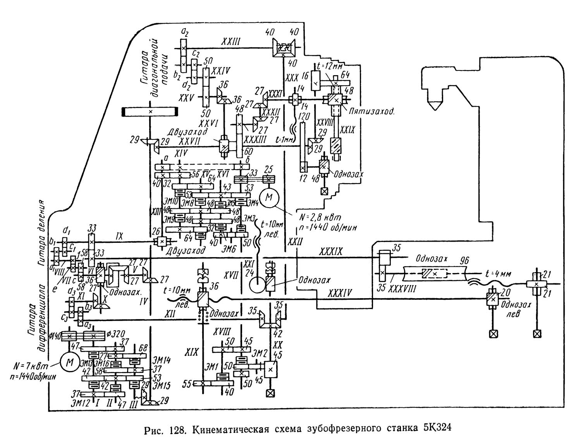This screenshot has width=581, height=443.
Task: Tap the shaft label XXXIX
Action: [331, 252]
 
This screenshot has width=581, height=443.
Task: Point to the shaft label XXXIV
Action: [340, 293]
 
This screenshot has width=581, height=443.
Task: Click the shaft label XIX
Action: [191, 352]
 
